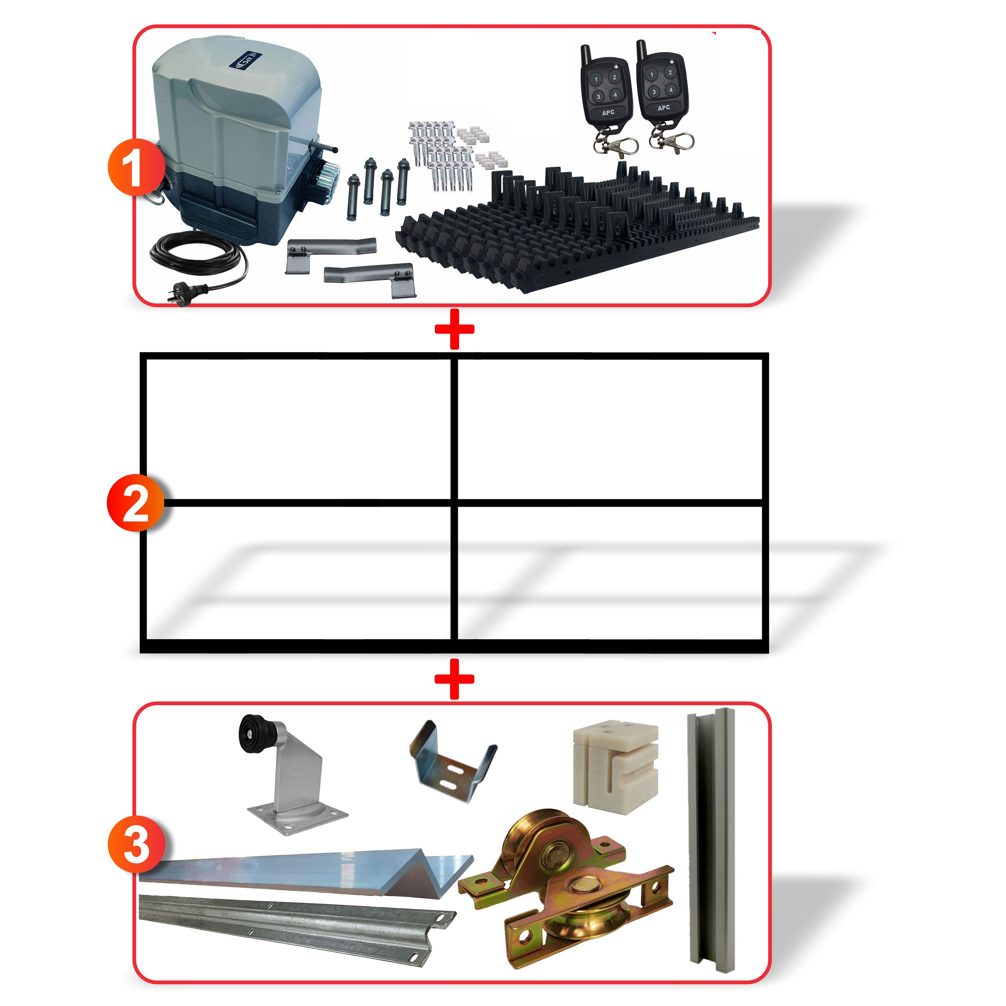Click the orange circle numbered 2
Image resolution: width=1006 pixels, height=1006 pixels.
135,503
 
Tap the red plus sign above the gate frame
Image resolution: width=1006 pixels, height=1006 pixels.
454,329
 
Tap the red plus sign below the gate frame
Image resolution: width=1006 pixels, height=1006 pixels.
454,679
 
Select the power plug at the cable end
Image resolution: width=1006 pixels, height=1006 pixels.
180,295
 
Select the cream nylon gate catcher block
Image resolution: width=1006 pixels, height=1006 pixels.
614,765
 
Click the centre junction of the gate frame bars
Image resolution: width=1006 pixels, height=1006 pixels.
454,503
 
